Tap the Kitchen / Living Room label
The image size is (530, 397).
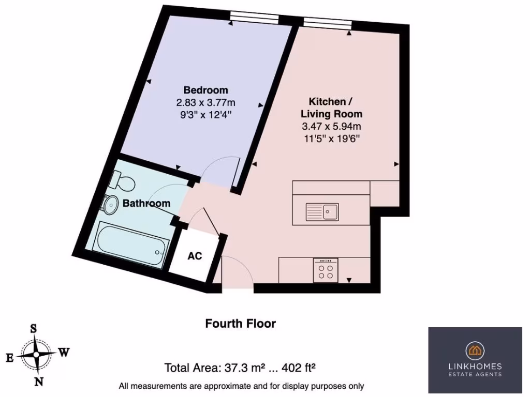(332, 107)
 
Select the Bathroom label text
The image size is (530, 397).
(146, 203)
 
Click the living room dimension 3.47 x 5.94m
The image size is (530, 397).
(332, 126)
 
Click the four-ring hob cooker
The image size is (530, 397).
(326, 270)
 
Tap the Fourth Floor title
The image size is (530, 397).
(240, 324)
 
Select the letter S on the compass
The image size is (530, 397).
(34, 328)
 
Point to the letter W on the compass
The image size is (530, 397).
(63, 353)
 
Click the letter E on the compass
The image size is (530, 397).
(9, 357)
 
